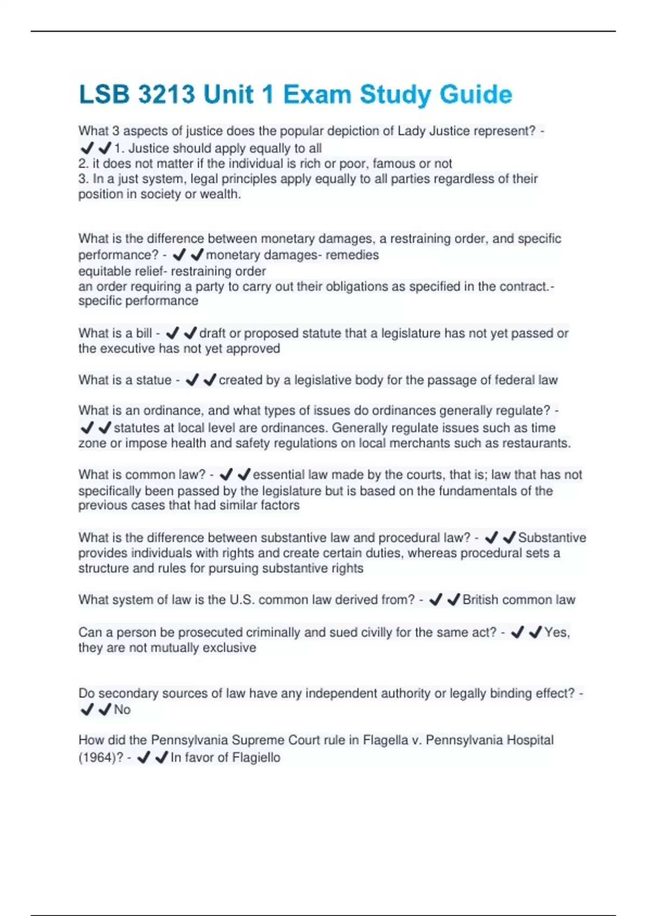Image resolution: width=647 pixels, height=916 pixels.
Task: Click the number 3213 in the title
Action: coord(167,95)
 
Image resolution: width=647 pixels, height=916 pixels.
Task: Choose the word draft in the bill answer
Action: coord(212,334)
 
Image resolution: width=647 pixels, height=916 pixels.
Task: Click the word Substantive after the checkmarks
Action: coord(552,538)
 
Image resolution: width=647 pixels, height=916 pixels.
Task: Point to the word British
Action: coord(480,600)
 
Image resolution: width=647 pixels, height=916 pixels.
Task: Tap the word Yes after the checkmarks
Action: coord(556,633)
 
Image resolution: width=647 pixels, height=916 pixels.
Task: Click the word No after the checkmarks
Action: coord(122,710)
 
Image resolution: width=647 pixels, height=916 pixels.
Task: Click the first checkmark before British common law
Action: coord(436,600)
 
